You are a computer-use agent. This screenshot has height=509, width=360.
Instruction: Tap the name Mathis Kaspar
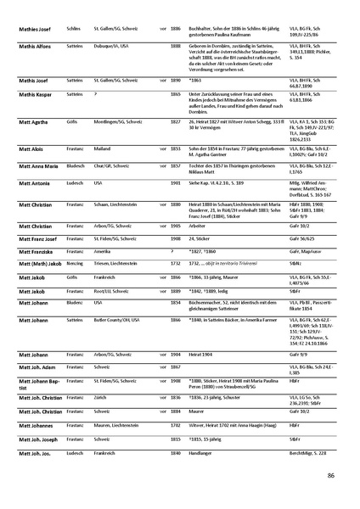click(35, 92)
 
